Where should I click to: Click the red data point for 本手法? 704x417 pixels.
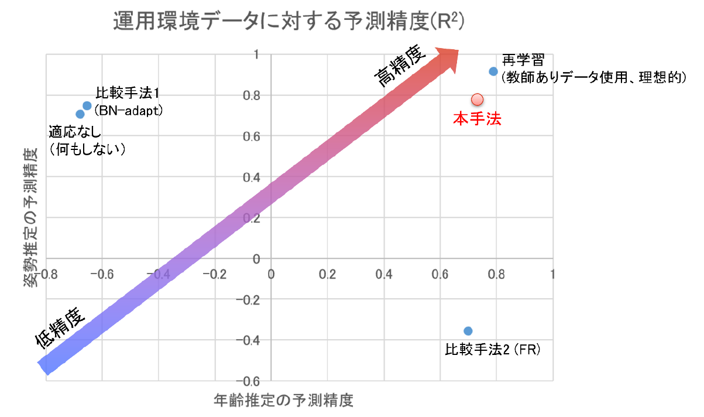[476, 99]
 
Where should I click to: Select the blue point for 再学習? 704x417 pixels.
[493, 71]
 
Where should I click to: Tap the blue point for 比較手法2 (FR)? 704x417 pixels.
[468, 331]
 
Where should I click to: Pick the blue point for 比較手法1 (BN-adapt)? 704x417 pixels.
[87, 105]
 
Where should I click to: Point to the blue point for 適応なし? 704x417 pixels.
[80, 114]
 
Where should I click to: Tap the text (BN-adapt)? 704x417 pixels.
[128, 109]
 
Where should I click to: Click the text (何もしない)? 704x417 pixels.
[88, 149]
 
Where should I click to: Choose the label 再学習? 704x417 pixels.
[523, 61]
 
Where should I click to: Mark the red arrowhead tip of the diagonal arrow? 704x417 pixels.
[458, 49]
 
